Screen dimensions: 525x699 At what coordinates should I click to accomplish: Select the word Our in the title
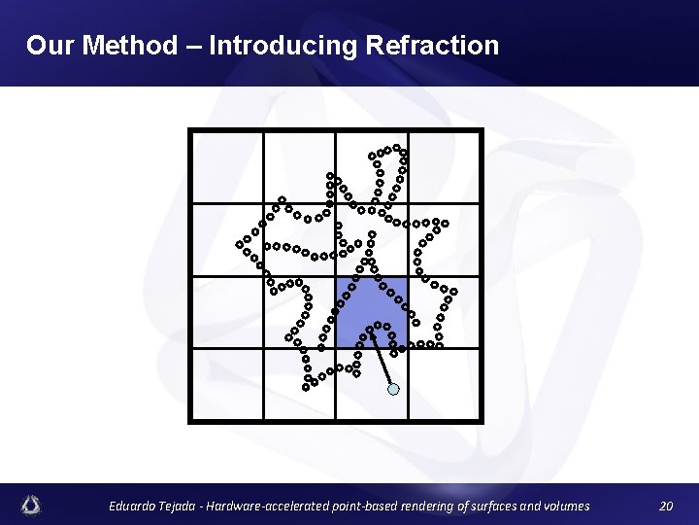48,46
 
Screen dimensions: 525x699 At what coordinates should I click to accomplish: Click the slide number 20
665,506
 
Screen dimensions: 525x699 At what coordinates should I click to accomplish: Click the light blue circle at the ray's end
392,389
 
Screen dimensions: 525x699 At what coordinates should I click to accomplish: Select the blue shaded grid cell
372,313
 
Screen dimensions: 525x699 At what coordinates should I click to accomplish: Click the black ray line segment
380,360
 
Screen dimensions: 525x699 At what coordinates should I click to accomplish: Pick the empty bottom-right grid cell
444,384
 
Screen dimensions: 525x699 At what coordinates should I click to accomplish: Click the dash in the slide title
193,46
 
